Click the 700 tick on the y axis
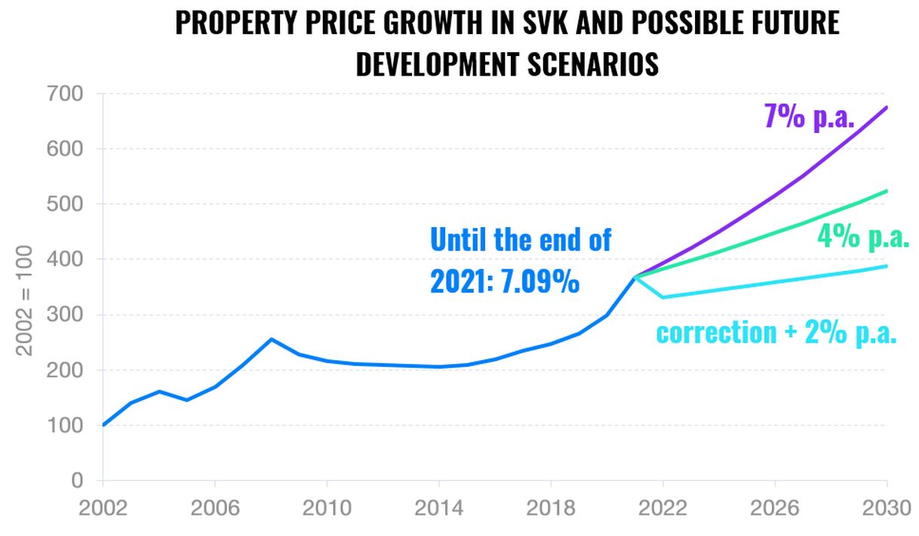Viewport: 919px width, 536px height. (x=68, y=94)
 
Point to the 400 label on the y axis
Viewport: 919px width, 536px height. (x=68, y=260)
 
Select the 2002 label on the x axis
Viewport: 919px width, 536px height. (x=103, y=508)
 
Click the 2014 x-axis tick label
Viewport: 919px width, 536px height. (x=439, y=508)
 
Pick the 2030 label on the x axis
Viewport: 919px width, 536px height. (x=886, y=508)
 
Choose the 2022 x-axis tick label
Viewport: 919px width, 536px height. (x=663, y=508)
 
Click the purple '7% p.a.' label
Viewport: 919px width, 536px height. (x=808, y=118)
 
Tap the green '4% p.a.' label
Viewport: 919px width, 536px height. (x=863, y=237)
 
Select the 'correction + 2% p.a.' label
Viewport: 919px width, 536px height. (x=776, y=332)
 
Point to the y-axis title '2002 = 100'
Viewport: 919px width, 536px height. (x=24, y=300)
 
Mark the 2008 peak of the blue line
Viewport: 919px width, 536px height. (x=271, y=339)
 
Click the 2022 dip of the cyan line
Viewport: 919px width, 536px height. (x=662, y=297)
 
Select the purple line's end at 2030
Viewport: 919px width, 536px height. (x=886, y=107)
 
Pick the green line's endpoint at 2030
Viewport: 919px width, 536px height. (x=886, y=191)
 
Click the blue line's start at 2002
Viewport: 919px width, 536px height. (x=103, y=425)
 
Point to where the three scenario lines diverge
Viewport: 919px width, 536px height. (x=635, y=277)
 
